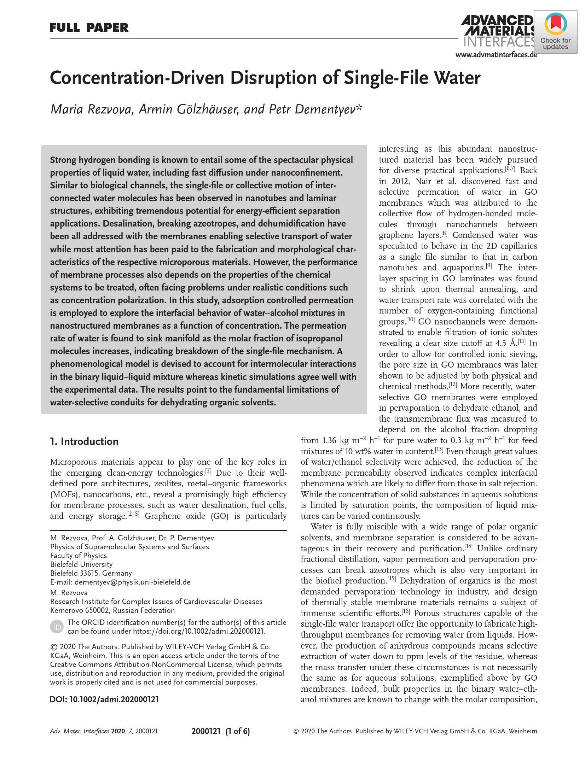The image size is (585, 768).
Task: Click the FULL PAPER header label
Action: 89,28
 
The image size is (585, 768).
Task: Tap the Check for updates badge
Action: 555,32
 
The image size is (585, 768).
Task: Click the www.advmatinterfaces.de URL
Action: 496,55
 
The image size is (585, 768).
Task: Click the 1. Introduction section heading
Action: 84,441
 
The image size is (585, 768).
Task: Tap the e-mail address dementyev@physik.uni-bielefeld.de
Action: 132,582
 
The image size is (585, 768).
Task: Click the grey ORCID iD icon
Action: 57,627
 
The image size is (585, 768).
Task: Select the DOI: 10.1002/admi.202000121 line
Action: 104,699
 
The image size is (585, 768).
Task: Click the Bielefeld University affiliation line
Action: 81,564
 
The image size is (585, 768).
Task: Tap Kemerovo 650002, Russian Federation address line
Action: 112,610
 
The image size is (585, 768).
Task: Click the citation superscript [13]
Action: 439,450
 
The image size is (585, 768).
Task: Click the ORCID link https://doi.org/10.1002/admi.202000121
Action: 199,631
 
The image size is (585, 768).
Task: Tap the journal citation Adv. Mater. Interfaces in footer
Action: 80,731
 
